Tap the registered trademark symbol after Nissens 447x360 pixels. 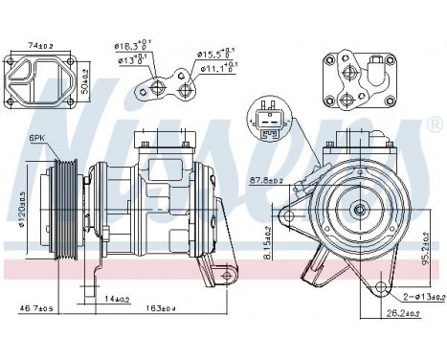(x=436, y=127)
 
